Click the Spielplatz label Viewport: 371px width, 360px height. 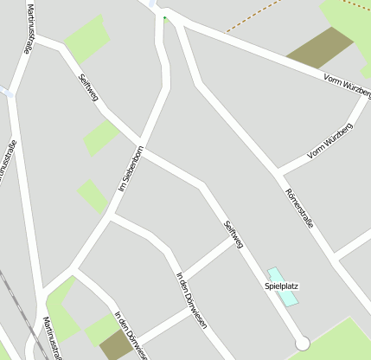click(x=281, y=286)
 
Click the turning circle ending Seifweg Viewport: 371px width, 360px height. click(x=302, y=344)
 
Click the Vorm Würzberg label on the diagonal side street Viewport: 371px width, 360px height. click(x=330, y=144)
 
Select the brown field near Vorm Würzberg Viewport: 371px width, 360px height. click(x=321, y=48)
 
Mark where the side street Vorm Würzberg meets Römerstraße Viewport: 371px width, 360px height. click(x=278, y=170)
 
